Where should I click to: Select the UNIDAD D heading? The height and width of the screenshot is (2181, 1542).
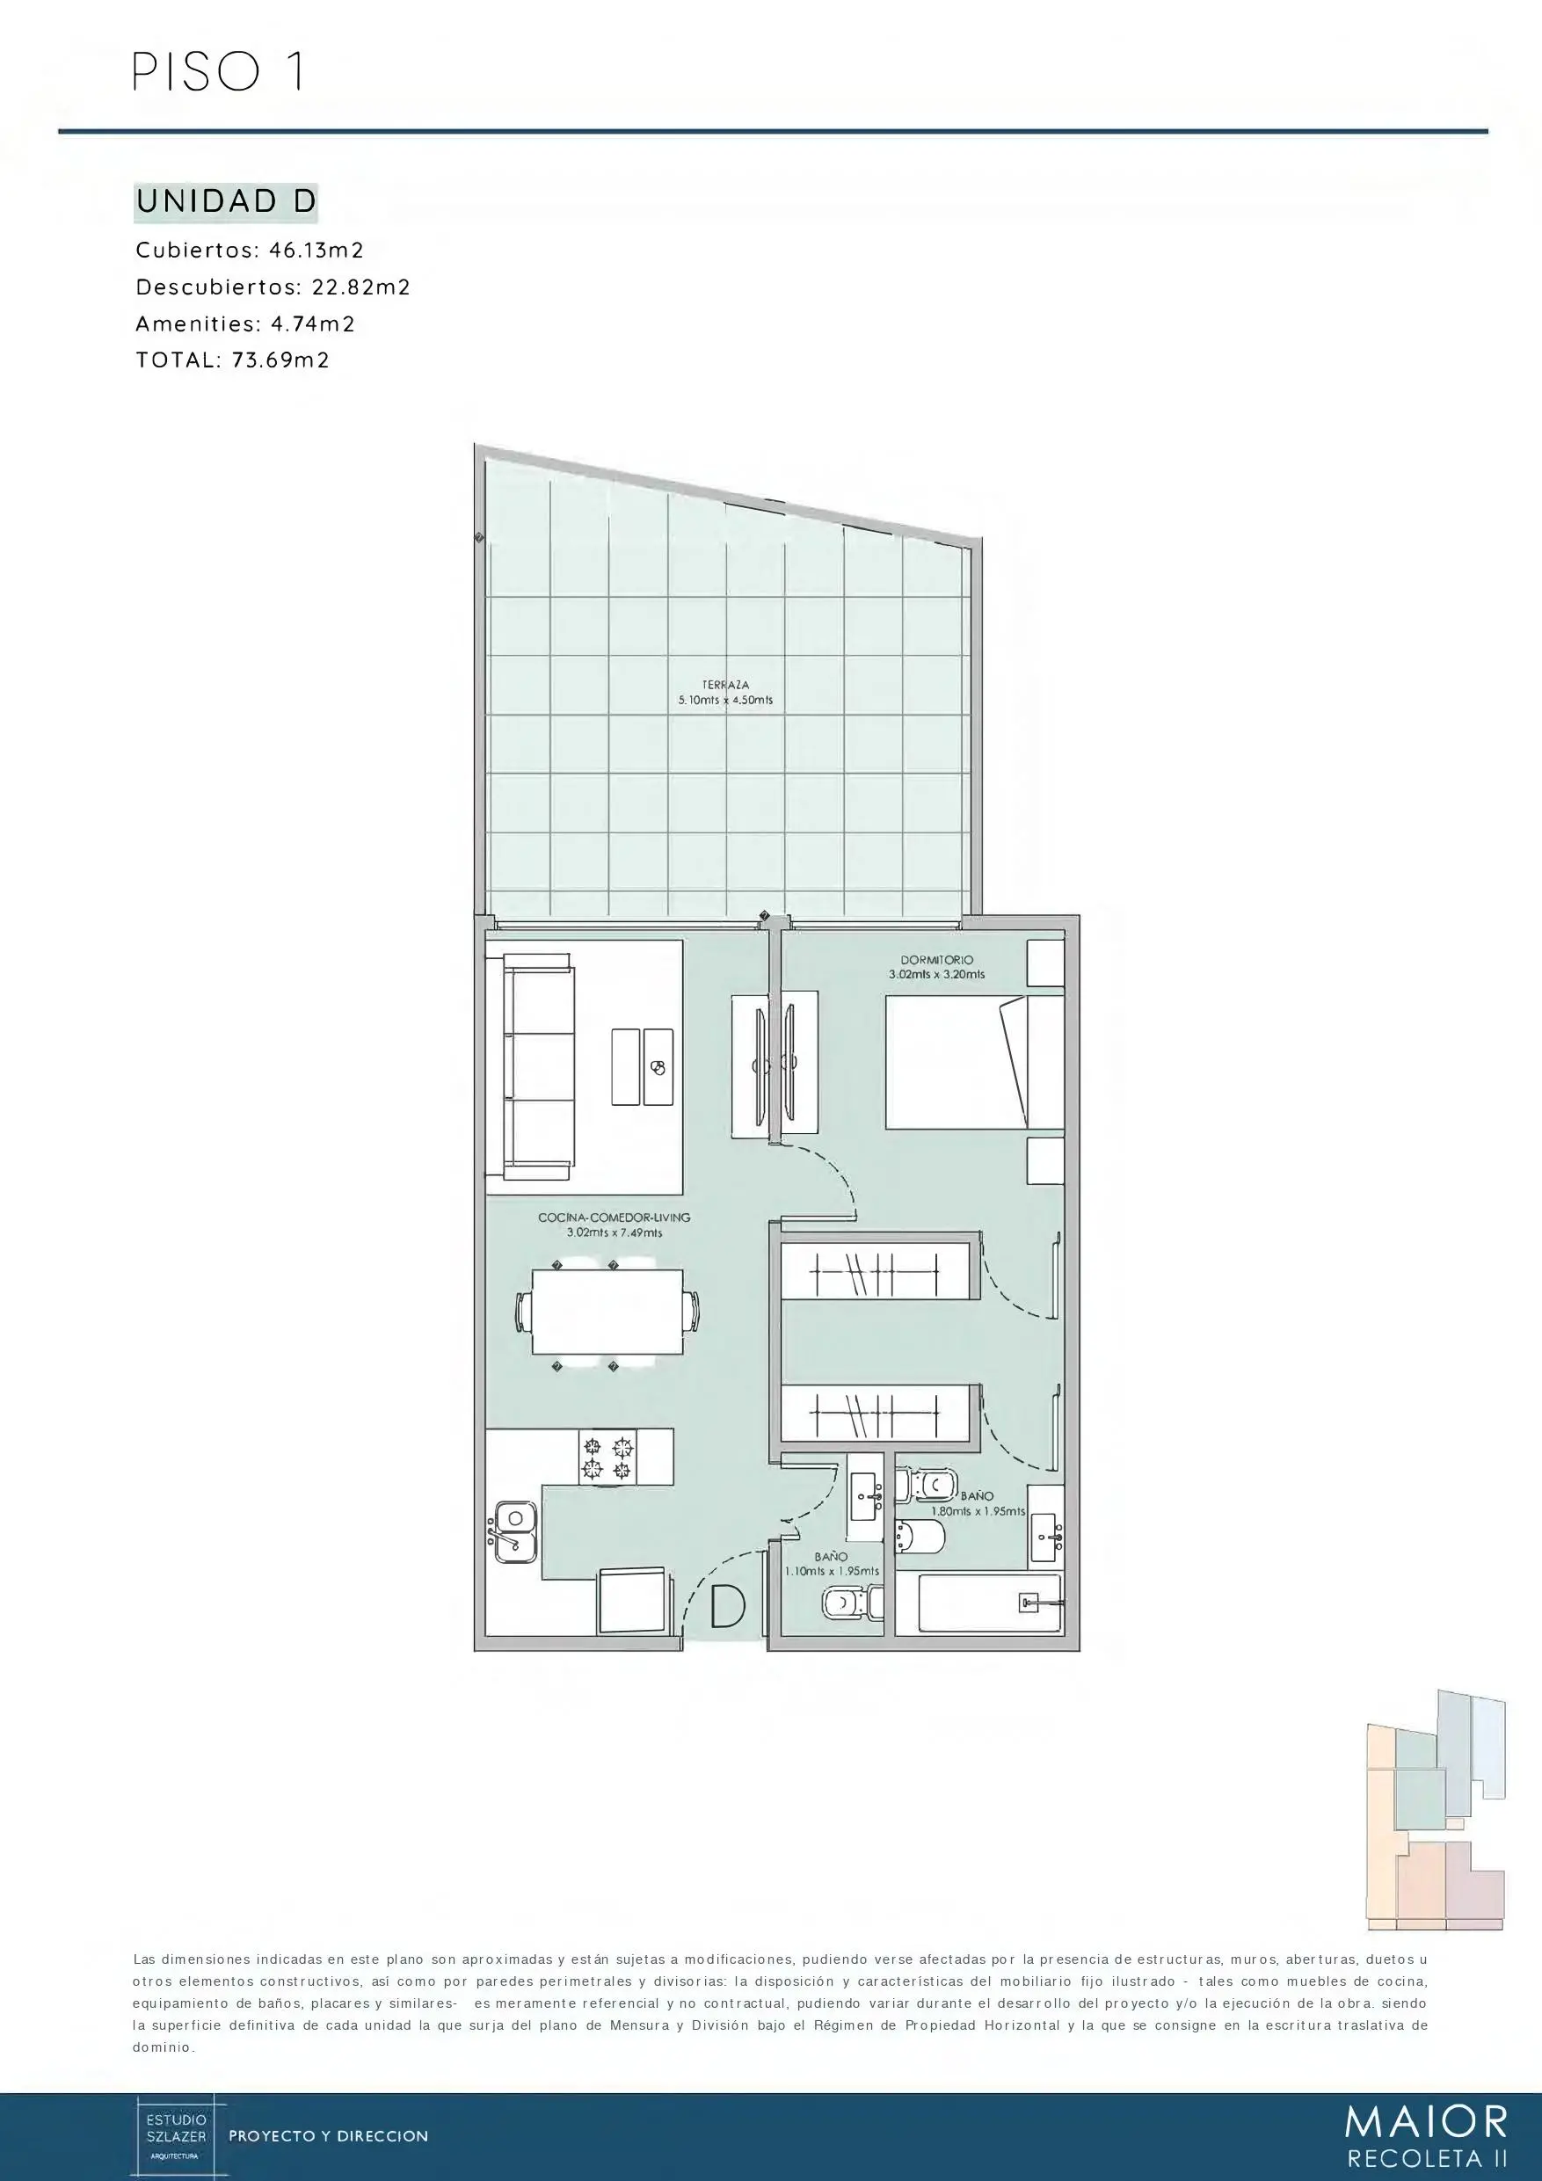click(x=226, y=201)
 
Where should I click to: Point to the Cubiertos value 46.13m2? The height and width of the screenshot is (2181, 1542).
click(x=317, y=250)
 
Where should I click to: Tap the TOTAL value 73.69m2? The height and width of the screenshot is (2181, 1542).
click(x=281, y=360)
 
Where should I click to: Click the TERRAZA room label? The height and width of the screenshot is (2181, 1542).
click(x=726, y=684)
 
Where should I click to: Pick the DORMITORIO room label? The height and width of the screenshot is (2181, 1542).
click(x=937, y=959)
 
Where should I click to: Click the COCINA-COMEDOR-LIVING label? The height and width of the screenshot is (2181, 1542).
click(x=614, y=1217)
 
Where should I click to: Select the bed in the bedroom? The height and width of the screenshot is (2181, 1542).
click(x=974, y=1062)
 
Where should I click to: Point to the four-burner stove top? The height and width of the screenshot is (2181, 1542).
click(x=608, y=1458)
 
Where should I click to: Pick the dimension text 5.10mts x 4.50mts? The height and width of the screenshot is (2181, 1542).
click(x=726, y=700)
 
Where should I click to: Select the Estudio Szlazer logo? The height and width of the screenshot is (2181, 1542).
click(x=175, y=2134)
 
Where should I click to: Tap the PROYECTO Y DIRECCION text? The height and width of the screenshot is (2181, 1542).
click(x=329, y=2136)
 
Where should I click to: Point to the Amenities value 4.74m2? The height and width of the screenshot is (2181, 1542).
click(x=313, y=324)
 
